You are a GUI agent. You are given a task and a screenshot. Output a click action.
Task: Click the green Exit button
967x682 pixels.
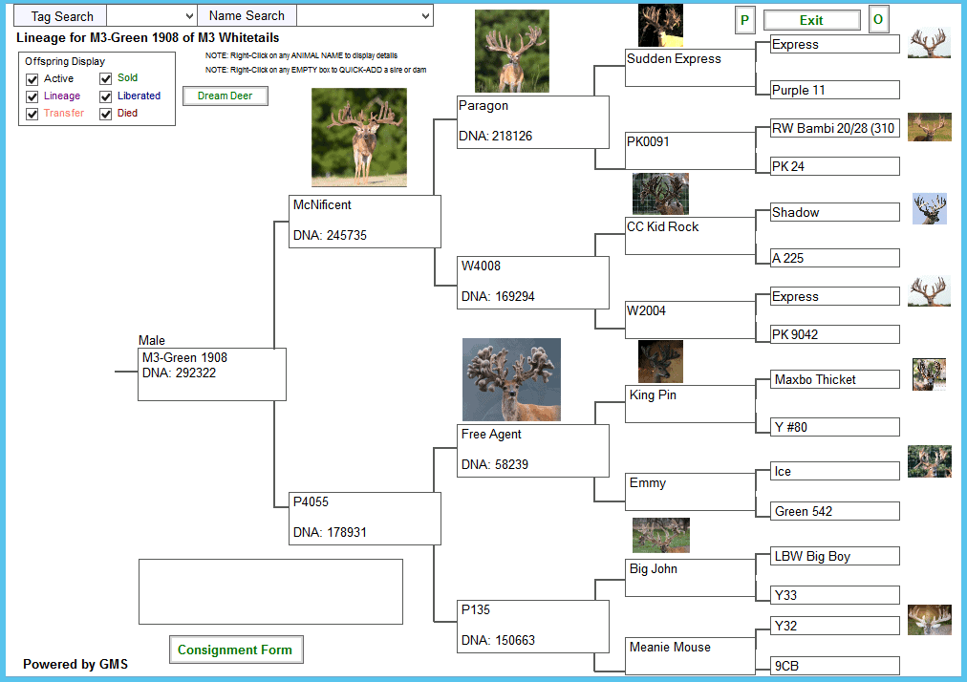(x=811, y=20)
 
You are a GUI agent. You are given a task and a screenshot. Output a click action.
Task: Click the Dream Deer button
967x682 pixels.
(x=226, y=96)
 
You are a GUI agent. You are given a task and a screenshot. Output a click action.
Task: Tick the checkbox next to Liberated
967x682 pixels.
(x=105, y=96)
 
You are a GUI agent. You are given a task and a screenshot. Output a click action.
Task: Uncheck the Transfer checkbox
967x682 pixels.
(x=32, y=114)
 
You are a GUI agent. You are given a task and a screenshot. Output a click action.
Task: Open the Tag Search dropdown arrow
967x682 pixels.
(x=189, y=16)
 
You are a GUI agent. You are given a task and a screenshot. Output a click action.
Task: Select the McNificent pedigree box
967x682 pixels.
(x=365, y=222)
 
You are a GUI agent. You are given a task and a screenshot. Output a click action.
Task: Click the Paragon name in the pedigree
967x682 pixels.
(x=483, y=105)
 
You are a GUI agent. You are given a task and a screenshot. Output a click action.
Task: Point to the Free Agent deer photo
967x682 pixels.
(x=511, y=379)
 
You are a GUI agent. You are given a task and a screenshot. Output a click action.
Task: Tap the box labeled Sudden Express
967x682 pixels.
(x=690, y=68)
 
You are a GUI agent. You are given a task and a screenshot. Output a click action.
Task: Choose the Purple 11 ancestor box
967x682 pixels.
(x=834, y=90)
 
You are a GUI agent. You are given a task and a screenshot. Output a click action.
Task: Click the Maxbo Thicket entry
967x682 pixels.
(x=834, y=379)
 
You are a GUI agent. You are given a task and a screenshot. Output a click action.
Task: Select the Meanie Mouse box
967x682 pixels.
(x=690, y=656)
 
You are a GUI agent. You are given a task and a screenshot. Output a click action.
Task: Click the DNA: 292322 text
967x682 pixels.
(x=179, y=373)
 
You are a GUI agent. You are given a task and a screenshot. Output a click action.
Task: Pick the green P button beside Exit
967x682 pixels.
(x=745, y=20)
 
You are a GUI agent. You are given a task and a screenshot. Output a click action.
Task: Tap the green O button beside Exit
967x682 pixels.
(x=878, y=20)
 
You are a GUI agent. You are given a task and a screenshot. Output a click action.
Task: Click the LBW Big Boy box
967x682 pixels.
(x=834, y=556)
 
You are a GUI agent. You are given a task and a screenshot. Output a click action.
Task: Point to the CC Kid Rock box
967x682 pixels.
(x=690, y=236)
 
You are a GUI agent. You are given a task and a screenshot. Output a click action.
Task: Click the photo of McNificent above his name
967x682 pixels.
(x=359, y=137)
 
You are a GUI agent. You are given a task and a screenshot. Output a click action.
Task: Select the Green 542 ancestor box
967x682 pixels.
(x=834, y=511)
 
